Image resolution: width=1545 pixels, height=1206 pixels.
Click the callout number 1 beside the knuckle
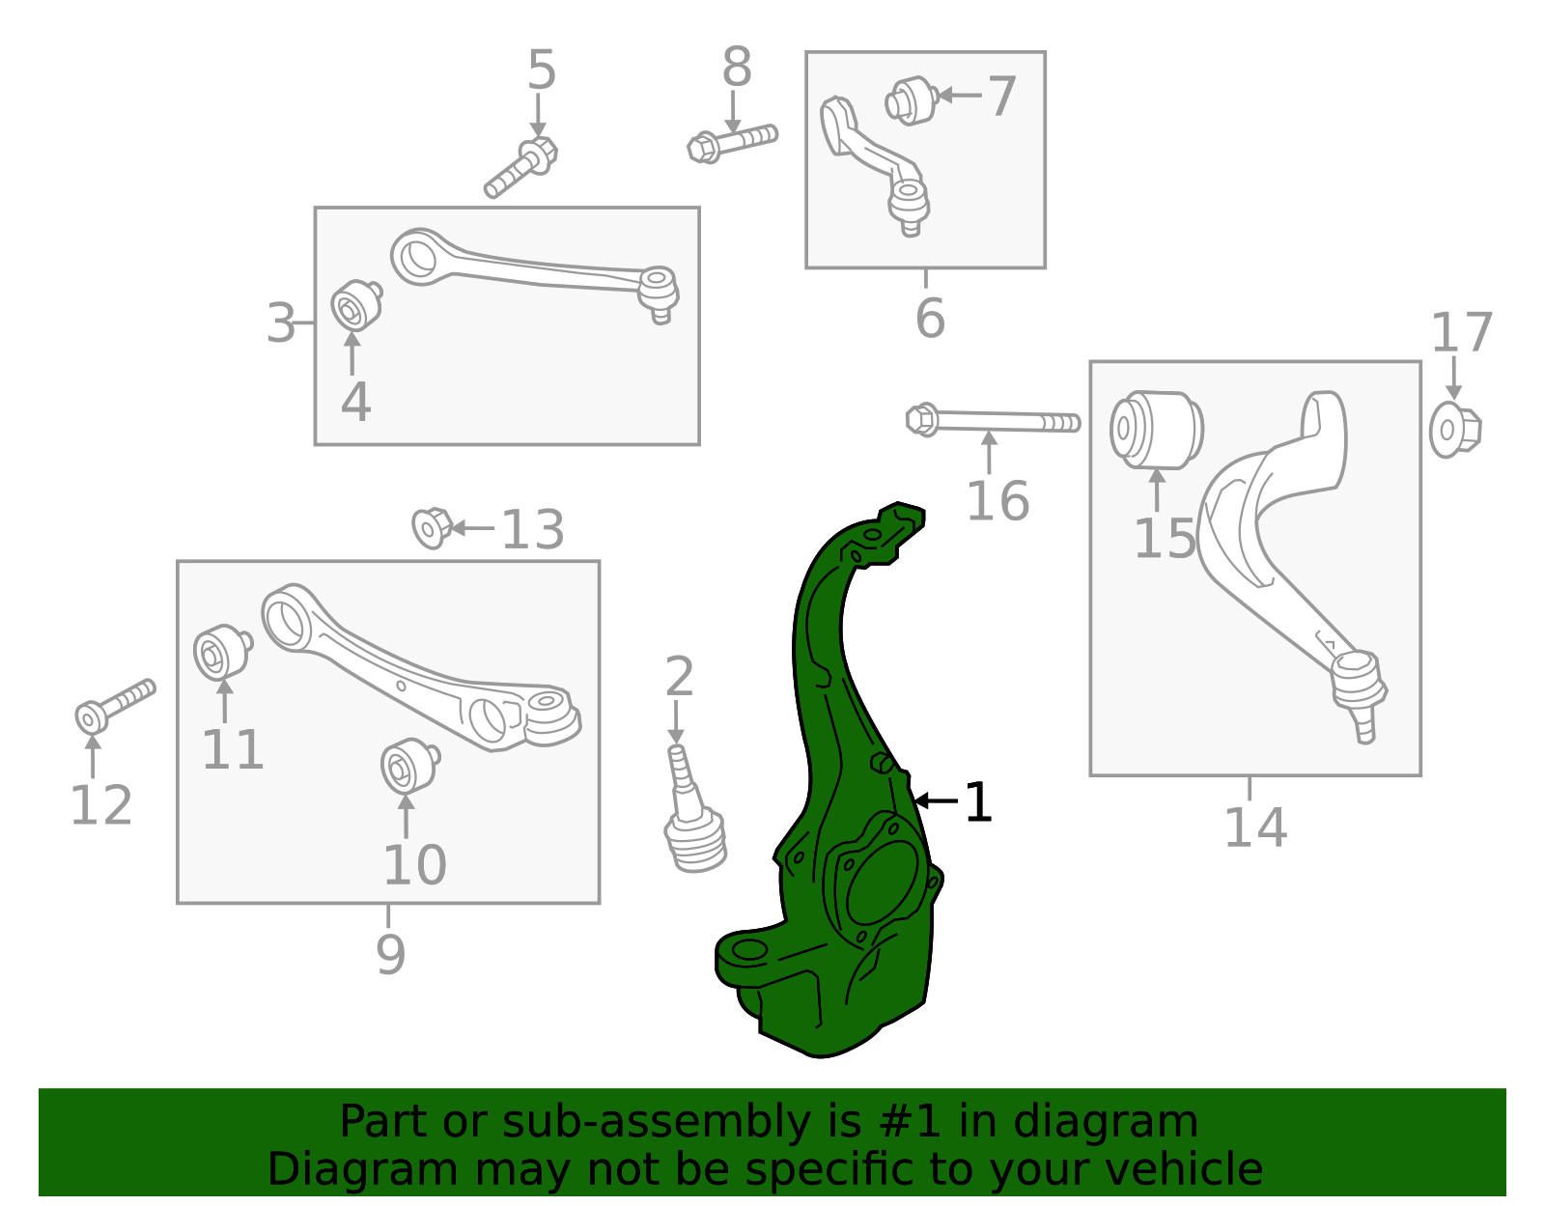coord(977,802)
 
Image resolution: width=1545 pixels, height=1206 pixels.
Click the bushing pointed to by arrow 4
coord(354,306)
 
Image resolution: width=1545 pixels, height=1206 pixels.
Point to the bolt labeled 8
coord(732,142)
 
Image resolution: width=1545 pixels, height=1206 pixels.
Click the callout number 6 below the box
coord(929,319)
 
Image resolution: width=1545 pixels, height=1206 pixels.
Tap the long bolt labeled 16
coord(993,421)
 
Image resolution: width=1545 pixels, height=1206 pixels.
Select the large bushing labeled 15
coord(1156,429)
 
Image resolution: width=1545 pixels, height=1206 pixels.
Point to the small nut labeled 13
coord(431,527)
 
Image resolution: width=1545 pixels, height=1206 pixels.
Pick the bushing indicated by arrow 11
coord(221,653)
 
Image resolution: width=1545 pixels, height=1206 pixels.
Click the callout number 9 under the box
coord(390,954)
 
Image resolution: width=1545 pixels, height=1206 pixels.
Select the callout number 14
coord(1254,827)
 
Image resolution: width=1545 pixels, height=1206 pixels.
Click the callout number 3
coord(281,323)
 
